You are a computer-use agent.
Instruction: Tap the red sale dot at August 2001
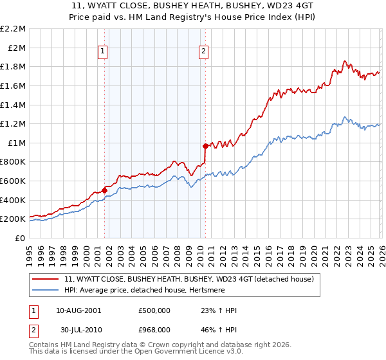[x=104, y=190]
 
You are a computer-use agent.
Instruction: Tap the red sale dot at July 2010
[x=205, y=146]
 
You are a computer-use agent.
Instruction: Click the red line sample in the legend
[x=46, y=279]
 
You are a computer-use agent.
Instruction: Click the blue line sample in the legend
[x=46, y=290]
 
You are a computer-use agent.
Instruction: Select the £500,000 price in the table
[x=154, y=310]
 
